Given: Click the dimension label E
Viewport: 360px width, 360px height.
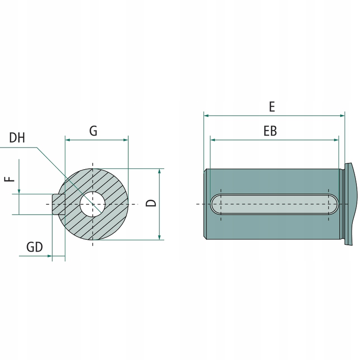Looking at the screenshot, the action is [272, 107].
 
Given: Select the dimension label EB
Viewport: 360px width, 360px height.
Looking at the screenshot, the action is [270, 131].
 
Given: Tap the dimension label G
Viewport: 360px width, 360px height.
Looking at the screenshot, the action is [93, 131].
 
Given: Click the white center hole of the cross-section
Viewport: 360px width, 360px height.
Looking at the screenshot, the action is [93, 204].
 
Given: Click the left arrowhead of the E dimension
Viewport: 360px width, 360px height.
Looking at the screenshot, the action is [207, 116].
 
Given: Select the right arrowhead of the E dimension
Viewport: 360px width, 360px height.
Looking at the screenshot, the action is [342, 116].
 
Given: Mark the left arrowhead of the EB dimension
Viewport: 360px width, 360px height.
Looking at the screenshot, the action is [213, 140].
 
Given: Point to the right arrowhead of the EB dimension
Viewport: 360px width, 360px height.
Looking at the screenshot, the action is [335, 140].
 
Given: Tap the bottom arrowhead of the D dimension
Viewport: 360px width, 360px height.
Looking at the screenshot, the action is [159, 237].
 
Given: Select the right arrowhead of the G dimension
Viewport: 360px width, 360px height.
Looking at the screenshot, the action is [126, 140].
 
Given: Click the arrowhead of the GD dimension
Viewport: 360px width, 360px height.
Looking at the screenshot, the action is [49, 256].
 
